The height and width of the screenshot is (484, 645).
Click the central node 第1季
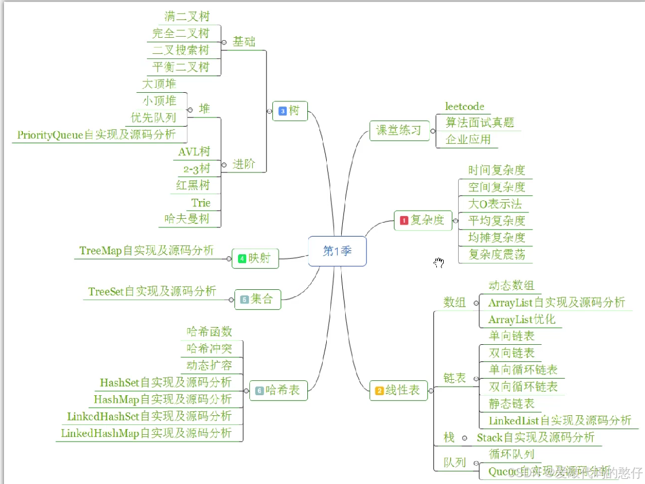pos(337,251)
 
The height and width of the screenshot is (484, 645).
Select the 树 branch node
pos(291,111)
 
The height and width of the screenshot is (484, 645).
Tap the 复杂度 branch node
pos(423,220)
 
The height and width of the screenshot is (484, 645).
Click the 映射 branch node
pos(255,258)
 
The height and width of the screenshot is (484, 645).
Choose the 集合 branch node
pos(257,299)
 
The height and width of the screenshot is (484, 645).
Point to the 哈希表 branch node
pos(278,391)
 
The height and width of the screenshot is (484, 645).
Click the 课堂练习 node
pos(398,130)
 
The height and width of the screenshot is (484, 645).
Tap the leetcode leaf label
pos(464,107)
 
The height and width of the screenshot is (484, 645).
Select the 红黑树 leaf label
pos(193,185)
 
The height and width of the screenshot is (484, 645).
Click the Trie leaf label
pos(201,203)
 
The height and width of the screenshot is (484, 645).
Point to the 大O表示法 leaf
pos(495,204)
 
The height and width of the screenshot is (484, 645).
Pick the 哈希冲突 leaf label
pos(209,348)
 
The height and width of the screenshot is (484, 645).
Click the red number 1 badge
pos(404,221)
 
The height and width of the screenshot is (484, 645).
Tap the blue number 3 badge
pos(283,111)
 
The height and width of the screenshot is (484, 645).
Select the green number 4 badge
pos(242,259)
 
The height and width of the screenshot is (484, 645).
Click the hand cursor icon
pos(439,262)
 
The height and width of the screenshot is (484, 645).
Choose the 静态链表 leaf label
pos(511,404)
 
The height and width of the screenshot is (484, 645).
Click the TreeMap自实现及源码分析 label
pos(146,250)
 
